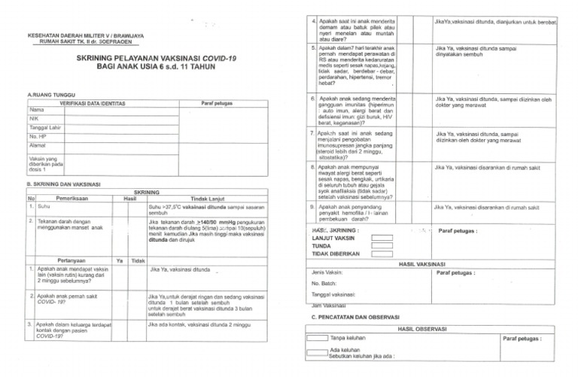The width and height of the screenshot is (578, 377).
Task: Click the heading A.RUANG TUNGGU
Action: click(x=52, y=94)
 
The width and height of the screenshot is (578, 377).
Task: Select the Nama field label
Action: click(x=37, y=110)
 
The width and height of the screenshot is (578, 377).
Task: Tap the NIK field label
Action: click(x=34, y=119)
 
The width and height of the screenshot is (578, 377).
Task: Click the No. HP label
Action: click(x=39, y=136)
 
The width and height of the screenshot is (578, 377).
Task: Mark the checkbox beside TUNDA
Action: click(x=382, y=246)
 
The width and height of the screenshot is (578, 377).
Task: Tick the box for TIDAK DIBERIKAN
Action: click(x=382, y=254)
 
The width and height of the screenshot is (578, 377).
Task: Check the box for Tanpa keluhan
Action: click(x=317, y=340)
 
